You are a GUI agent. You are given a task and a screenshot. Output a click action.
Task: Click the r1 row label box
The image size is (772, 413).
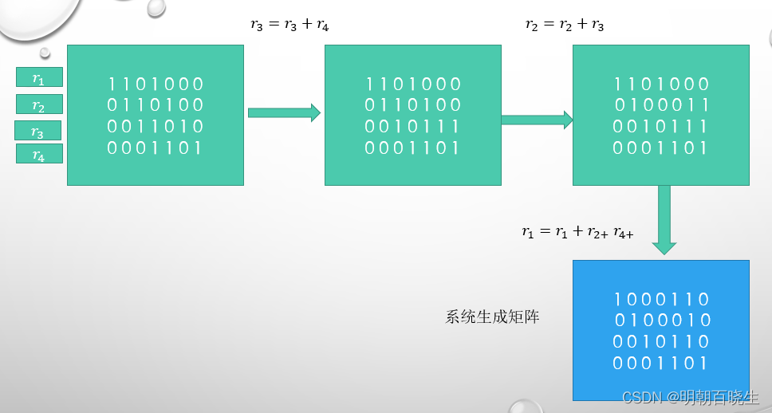click(39, 77)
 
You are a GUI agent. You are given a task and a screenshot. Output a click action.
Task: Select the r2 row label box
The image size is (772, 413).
click(39, 104)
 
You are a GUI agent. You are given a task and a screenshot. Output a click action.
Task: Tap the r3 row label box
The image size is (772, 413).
click(38, 131)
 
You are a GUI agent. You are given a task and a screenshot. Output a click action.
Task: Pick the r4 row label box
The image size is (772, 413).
click(39, 154)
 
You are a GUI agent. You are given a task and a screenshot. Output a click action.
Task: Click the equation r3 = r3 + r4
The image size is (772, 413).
click(289, 25)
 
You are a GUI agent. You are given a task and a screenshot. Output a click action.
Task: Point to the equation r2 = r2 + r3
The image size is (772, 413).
click(564, 25)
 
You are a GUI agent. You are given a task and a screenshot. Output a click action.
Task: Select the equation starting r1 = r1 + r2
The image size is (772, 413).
click(577, 232)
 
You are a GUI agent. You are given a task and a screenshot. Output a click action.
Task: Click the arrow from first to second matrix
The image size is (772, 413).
click(284, 112)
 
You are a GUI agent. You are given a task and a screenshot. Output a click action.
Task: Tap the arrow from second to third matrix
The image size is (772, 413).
click(537, 120)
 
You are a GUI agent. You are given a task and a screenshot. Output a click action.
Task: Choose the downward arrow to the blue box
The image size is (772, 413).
click(664, 220)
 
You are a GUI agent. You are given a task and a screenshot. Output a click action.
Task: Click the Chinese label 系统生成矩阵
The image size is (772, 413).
click(492, 317)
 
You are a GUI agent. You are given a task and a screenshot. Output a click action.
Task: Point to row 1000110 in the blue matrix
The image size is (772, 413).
click(661, 300)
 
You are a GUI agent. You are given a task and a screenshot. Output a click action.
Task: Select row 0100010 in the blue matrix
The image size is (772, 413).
click(661, 321)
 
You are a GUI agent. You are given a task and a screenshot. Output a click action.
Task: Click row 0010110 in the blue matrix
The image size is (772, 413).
click(661, 341)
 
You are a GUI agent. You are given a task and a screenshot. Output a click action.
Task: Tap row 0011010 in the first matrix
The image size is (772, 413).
click(156, 126)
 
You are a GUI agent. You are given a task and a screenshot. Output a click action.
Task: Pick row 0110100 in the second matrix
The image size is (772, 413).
click(413, 105)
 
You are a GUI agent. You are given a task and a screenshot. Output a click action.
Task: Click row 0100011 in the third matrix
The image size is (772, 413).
click(661, 105)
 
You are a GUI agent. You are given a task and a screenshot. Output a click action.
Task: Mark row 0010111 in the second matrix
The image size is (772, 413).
click(413, 126)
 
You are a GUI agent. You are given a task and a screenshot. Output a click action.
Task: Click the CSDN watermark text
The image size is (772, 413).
click(689, 397)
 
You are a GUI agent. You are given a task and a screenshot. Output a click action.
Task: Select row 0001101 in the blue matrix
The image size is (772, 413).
click(661, 363)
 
